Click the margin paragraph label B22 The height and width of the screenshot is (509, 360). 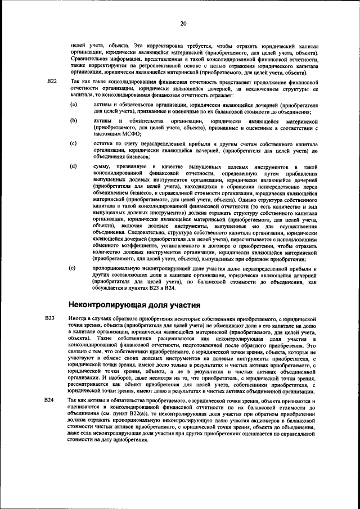52,83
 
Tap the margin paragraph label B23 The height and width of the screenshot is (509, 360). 51,318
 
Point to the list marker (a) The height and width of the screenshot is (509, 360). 73,105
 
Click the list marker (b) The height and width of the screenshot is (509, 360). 73,121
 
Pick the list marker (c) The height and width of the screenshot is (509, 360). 73,144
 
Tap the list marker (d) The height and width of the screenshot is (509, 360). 73,167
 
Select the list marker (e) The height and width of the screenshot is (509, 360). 73,269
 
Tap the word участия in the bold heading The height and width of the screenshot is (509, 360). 183,305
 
